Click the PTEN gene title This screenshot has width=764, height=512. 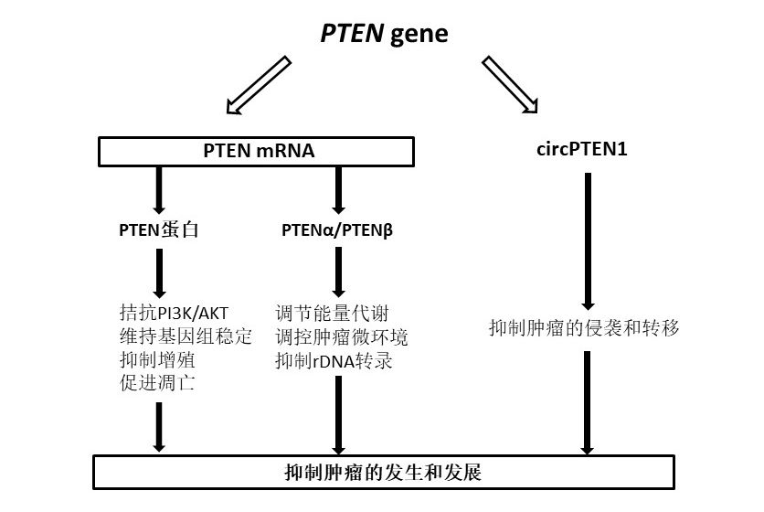[385, 34]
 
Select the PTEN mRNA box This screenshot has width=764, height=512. [259, 151]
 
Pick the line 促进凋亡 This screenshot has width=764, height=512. [151, 382]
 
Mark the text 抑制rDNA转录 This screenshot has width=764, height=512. [334, 359]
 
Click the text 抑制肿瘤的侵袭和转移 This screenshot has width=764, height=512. [585, 327]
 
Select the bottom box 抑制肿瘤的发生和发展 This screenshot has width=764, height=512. [385, 473]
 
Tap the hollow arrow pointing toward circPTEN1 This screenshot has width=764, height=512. [510, 85]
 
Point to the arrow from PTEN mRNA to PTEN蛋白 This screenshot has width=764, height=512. [159, 189]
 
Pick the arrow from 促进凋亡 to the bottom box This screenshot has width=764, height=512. [159, 425]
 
